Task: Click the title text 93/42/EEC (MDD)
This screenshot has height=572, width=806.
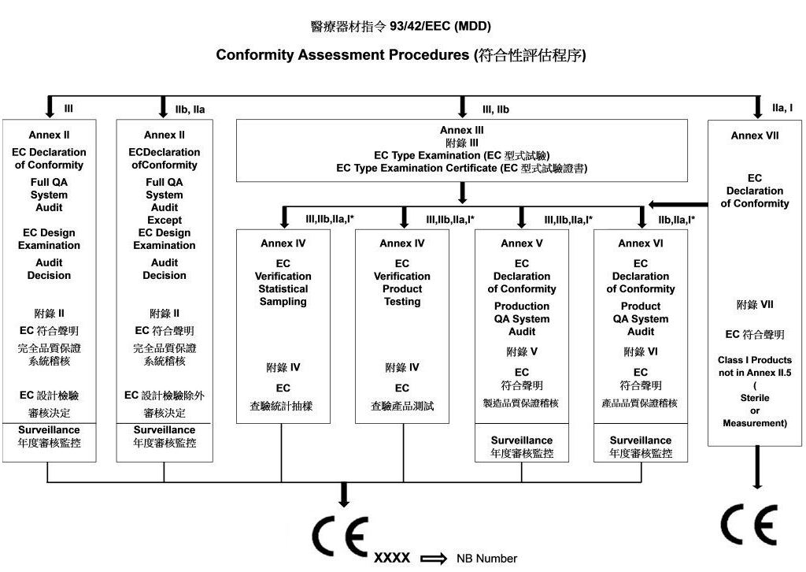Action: pos(440,26)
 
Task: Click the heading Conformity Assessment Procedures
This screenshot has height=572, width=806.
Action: pos(342,54)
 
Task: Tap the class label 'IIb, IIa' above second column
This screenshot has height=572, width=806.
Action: pos(190,110)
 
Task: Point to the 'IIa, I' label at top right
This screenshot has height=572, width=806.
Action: pos(782,108)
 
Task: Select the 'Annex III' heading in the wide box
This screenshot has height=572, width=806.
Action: pos(461,130)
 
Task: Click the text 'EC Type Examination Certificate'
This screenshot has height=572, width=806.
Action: pos(416,168)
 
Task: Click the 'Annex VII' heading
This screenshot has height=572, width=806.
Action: pos(755,136)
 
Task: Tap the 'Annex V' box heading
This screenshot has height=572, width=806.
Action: pos(522,243)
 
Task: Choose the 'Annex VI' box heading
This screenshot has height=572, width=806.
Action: pos(641,243)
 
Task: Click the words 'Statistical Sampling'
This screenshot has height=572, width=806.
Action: pos(283,295)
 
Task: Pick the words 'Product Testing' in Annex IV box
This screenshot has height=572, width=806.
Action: pos(402,295)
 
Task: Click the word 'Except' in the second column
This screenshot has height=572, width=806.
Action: pos(165,220)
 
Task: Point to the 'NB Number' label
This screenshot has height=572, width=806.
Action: pos(486,559)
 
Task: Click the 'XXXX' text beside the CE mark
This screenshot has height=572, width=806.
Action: pos(392,558)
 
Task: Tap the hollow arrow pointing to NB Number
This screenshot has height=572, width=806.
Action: pos(434,559)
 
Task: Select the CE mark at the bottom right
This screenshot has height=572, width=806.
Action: pos(749,525)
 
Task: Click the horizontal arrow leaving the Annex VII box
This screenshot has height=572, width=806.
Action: pos(678,204)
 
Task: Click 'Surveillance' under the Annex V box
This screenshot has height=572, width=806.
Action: pos(522,440)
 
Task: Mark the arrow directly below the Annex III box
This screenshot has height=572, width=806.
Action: pos(462,193)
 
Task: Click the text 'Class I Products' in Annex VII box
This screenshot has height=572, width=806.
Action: pos(755,360)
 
